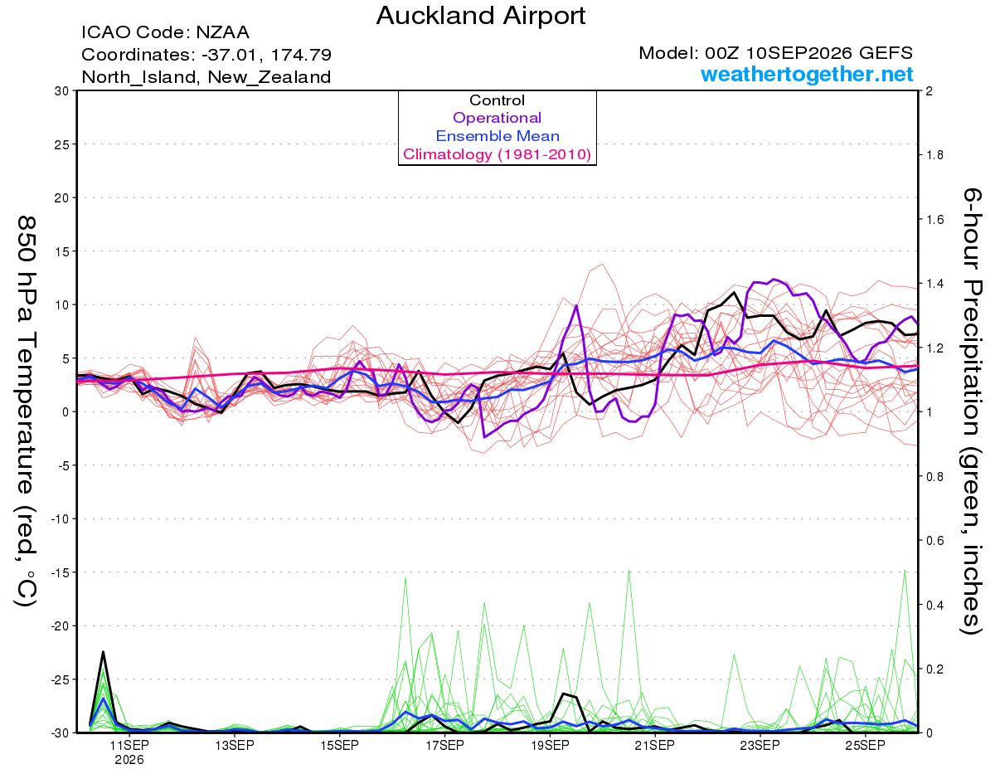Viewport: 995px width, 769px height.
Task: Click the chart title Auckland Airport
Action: point(480,17)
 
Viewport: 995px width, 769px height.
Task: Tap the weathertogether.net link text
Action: point(807,74)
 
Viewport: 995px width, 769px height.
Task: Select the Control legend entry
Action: point(497,100)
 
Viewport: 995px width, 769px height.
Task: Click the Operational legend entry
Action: point(497,118)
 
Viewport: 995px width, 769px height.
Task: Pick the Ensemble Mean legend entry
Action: point(498,136)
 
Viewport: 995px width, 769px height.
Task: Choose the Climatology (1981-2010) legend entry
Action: point(497,154)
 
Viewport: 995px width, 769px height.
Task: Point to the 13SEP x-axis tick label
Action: point(235,746)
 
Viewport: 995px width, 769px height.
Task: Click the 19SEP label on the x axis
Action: point(550,746)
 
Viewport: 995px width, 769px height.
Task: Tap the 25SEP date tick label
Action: point(865,746)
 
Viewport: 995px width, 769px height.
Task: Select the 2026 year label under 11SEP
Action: point(129,761)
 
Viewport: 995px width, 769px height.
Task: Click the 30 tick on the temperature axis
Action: point(62,91)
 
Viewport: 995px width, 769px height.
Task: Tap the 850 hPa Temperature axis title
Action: point(27,412)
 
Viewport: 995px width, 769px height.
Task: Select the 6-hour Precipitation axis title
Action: point(972,411)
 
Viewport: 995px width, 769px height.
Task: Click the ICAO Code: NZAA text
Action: point(165,32)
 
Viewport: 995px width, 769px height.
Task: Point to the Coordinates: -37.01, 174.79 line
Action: point(206,55)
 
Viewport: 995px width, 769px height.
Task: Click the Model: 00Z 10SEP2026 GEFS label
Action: point(775,53)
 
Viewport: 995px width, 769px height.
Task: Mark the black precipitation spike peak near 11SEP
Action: point(103,652)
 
